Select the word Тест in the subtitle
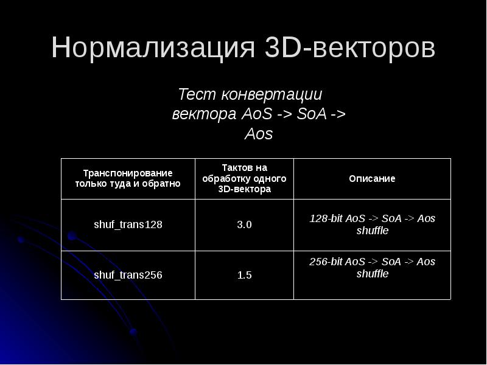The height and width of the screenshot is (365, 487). [196, 96]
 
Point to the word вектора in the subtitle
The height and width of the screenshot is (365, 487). [205, 115]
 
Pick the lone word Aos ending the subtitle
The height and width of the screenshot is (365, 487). [259, 134]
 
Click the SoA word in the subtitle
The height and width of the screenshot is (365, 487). [311, 115]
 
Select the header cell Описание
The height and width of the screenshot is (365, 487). [372, 179]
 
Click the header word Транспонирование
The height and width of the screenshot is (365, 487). [128, 173]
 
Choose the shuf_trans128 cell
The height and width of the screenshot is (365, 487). [128, 224]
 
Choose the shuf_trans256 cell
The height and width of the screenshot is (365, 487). [128, 275]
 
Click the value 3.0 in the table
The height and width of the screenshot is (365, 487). [244, 224]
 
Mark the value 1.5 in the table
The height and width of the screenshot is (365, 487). [244, 275]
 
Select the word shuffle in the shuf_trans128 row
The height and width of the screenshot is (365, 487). [372, 231]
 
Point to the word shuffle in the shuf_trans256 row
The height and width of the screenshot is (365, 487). [372, 274]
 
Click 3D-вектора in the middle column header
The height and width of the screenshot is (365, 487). [244, 190]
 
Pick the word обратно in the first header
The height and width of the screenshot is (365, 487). [164, 184]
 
